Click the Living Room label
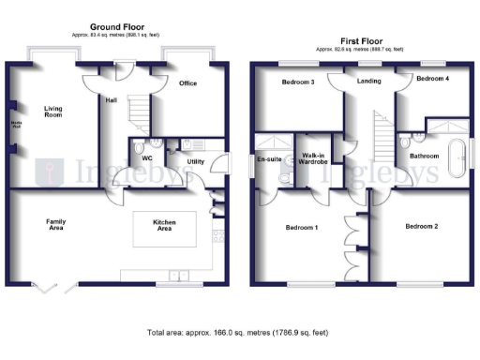[x=52, y=114]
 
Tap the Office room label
[x=187, y=83]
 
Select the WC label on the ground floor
[x=147, y=157]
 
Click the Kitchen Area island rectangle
[x=164, y=228]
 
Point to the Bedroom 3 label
[x=298, y=82]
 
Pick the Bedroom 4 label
[x=432, y=78]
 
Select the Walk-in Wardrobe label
[x=312, y=158]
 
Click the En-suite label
[x=270, y=159]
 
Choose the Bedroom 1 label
[x=302, y=227]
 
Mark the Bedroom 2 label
[x=421, y=226]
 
